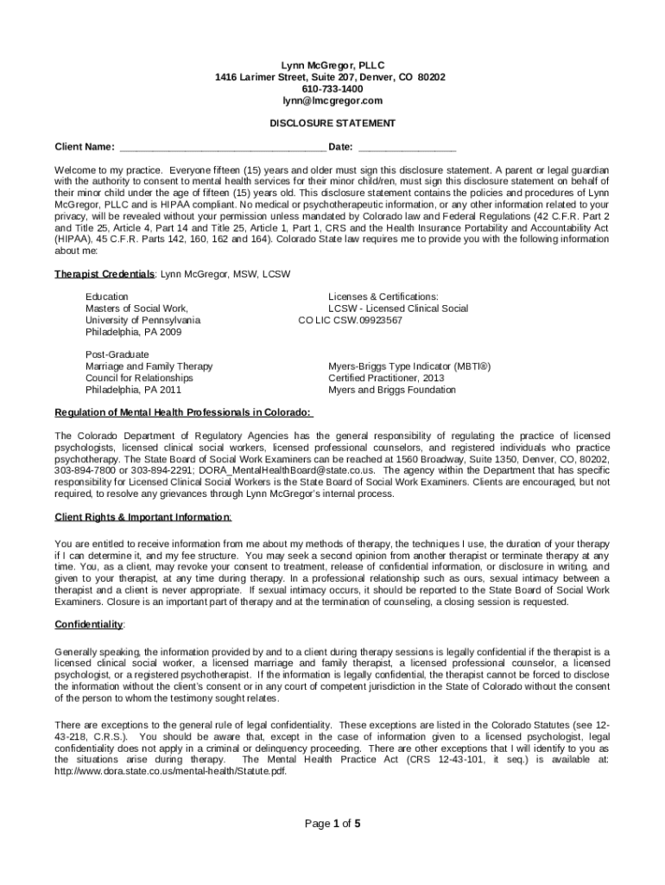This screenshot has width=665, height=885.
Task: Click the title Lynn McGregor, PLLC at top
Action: pyautogui.click(x=332, y=65)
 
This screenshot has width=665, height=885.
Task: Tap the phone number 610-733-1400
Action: pyautogui.click(x=332, y=89)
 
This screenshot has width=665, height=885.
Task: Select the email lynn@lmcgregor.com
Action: pyautogui.click(x=332, y=101)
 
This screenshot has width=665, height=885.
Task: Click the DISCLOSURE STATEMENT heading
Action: pyautogui.click(x=332, y=124)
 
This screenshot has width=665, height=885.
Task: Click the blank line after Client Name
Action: pyautogui.click(x=222, y=147)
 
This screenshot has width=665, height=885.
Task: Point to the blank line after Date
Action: pyautogui.click(x=406, y=147)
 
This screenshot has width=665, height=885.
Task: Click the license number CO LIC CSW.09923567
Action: pyautogui.click(x=350, y=320)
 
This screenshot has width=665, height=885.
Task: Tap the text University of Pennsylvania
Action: pyautogui.click(x=142, y=320)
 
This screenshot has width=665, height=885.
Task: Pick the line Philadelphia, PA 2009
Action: pyautogui.click(x=133, y=332)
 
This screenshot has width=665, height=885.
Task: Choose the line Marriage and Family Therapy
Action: pyautogui.click(x=149, y=366)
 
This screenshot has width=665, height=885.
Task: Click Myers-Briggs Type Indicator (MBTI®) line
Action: pyautogui.click(x=409, y=366)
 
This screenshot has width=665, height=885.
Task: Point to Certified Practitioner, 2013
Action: pyautogui.click(x=386, y=378)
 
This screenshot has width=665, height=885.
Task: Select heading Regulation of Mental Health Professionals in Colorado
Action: pyautogui.click(x=183, y=412)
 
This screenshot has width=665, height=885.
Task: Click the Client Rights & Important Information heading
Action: pyautogui.click(x=142, y=517)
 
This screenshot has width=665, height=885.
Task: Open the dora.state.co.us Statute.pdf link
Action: pyautogui.click(x=170, y=772)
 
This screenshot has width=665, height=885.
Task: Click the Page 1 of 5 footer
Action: pyautogui.click(x=332, y=824)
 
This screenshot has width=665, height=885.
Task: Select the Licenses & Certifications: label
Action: pyautogui.click(x=383, y=296)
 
